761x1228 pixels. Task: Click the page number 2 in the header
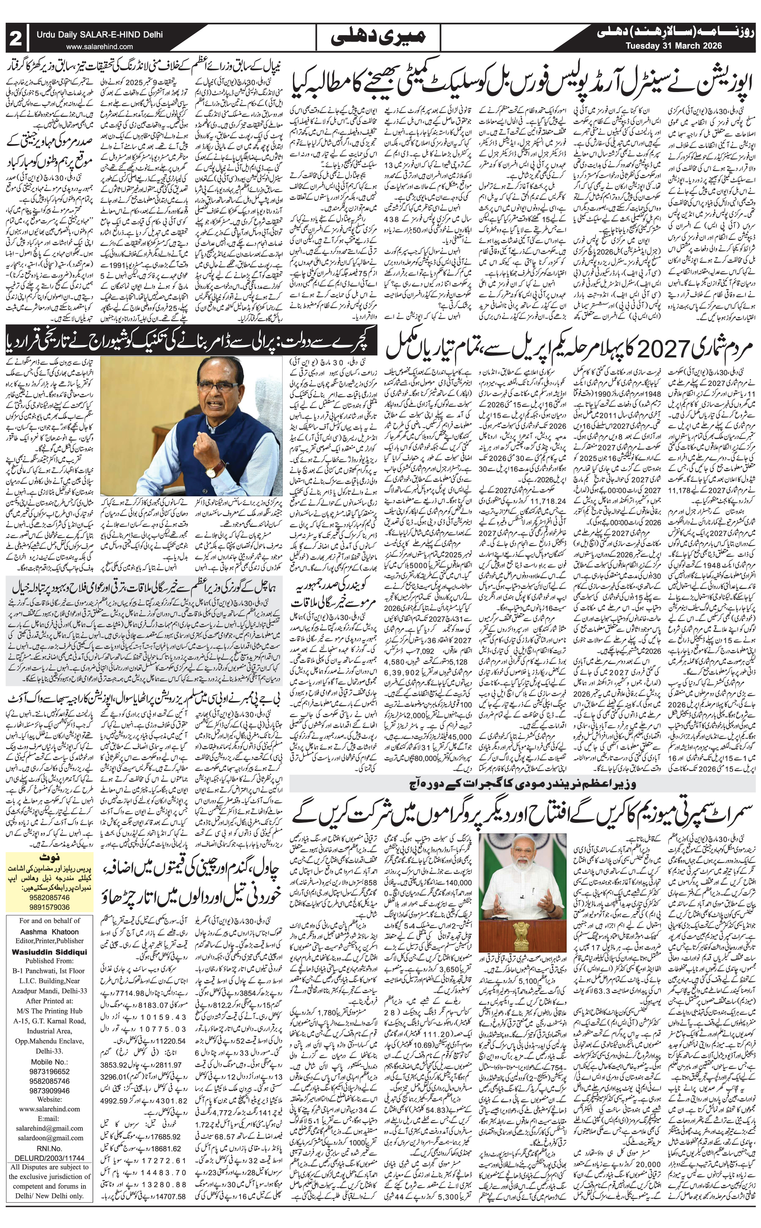click(16, 38)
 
